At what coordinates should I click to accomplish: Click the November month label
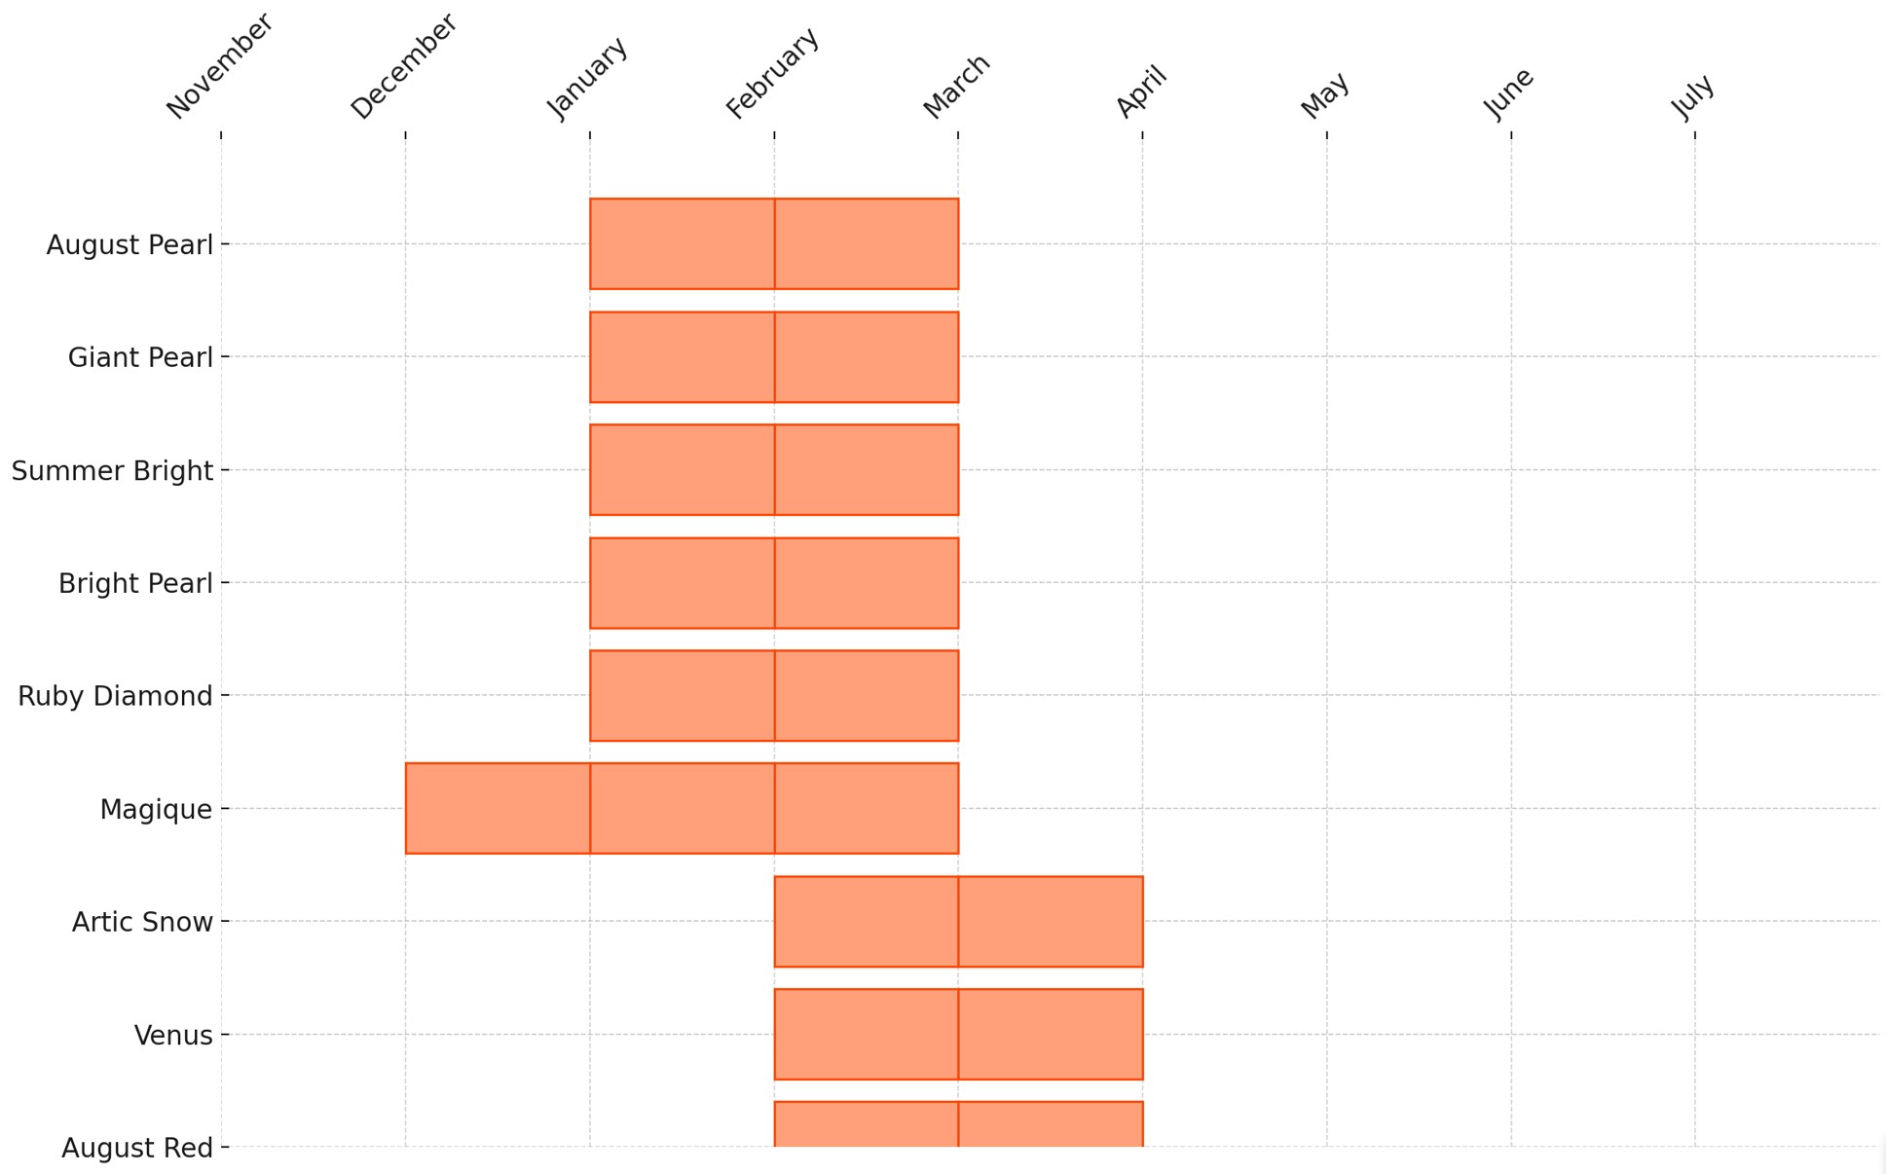pos(219,66)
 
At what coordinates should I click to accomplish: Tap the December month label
pos(403,66)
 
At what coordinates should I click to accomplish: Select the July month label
pos(1692,96)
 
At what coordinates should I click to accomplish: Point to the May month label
pos(1324,95)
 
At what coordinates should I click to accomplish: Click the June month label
pos(1508,93)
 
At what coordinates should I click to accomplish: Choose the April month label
pos(1140,92)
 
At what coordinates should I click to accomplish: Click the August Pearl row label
pos(129,245)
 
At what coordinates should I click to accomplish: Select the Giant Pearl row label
pos(140,358)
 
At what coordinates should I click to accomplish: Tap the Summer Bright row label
pos(112,471)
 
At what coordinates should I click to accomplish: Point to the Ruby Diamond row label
pos(115,697)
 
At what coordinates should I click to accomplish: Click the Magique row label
pos(156,810)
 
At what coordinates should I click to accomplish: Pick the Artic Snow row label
pos(142,923)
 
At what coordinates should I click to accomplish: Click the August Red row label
pos(137,1149)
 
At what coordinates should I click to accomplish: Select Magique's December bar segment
pos(498,809)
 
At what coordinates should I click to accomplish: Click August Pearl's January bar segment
pos(682,244)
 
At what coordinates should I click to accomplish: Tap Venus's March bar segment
pos(1050,1035)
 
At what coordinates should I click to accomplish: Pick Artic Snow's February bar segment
pos(866,922)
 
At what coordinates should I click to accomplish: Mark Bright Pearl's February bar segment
pos(866,583)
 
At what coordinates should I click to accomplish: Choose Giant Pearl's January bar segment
pos(682,357)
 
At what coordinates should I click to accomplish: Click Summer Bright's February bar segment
pos(866,470)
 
